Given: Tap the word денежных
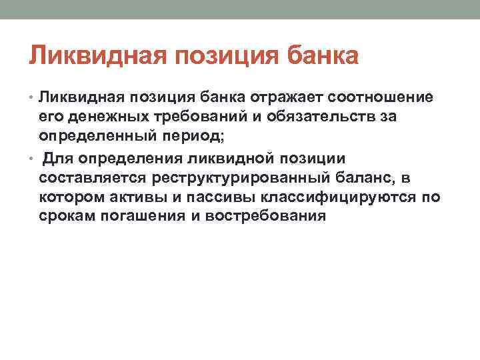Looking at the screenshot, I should click(x=101, y=117).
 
